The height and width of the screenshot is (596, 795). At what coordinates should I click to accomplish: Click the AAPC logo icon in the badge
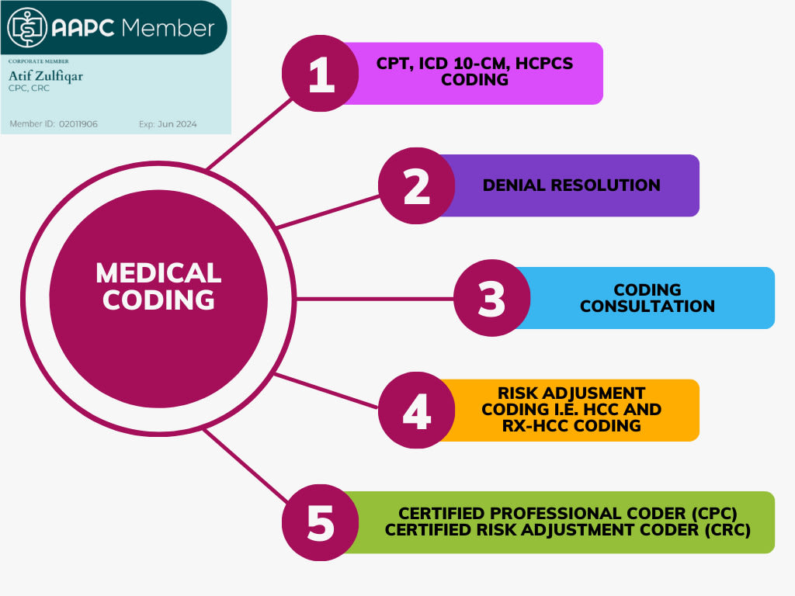[x=27, y=27]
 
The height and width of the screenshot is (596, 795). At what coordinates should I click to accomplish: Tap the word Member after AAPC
[x=168, y=28]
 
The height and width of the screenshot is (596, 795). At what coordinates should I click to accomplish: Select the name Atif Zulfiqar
[x=46, y=76]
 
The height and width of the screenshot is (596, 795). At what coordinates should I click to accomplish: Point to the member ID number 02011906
[x=78, y=123]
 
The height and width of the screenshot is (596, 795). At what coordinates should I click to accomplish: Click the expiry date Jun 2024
[x=177, y=123]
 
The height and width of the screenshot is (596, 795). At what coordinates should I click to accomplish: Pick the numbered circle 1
[x=321, y=74]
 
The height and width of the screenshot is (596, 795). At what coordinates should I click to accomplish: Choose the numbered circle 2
[x=416, y=185]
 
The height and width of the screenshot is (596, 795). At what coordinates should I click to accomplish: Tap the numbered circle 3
[x=491, y=298]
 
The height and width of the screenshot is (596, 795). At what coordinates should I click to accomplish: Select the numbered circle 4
[x=416, y=410]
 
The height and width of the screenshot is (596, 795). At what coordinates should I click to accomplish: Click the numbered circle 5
[x=321, y=522]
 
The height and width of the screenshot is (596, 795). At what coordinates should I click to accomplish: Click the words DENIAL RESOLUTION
[x=571, y=185]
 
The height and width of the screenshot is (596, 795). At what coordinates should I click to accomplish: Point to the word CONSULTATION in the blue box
[x=647, y=306]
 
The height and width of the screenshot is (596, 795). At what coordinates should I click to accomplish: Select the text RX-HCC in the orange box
[x=536, y=426]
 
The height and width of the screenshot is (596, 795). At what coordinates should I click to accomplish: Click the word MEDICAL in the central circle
[x=158, y=273]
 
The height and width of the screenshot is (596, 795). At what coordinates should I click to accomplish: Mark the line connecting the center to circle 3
[x=375, y=299]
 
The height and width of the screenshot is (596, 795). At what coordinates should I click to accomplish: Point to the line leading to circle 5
[x=246, y=466]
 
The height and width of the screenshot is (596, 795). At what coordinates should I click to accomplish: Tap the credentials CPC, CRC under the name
[x=29, y=88]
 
